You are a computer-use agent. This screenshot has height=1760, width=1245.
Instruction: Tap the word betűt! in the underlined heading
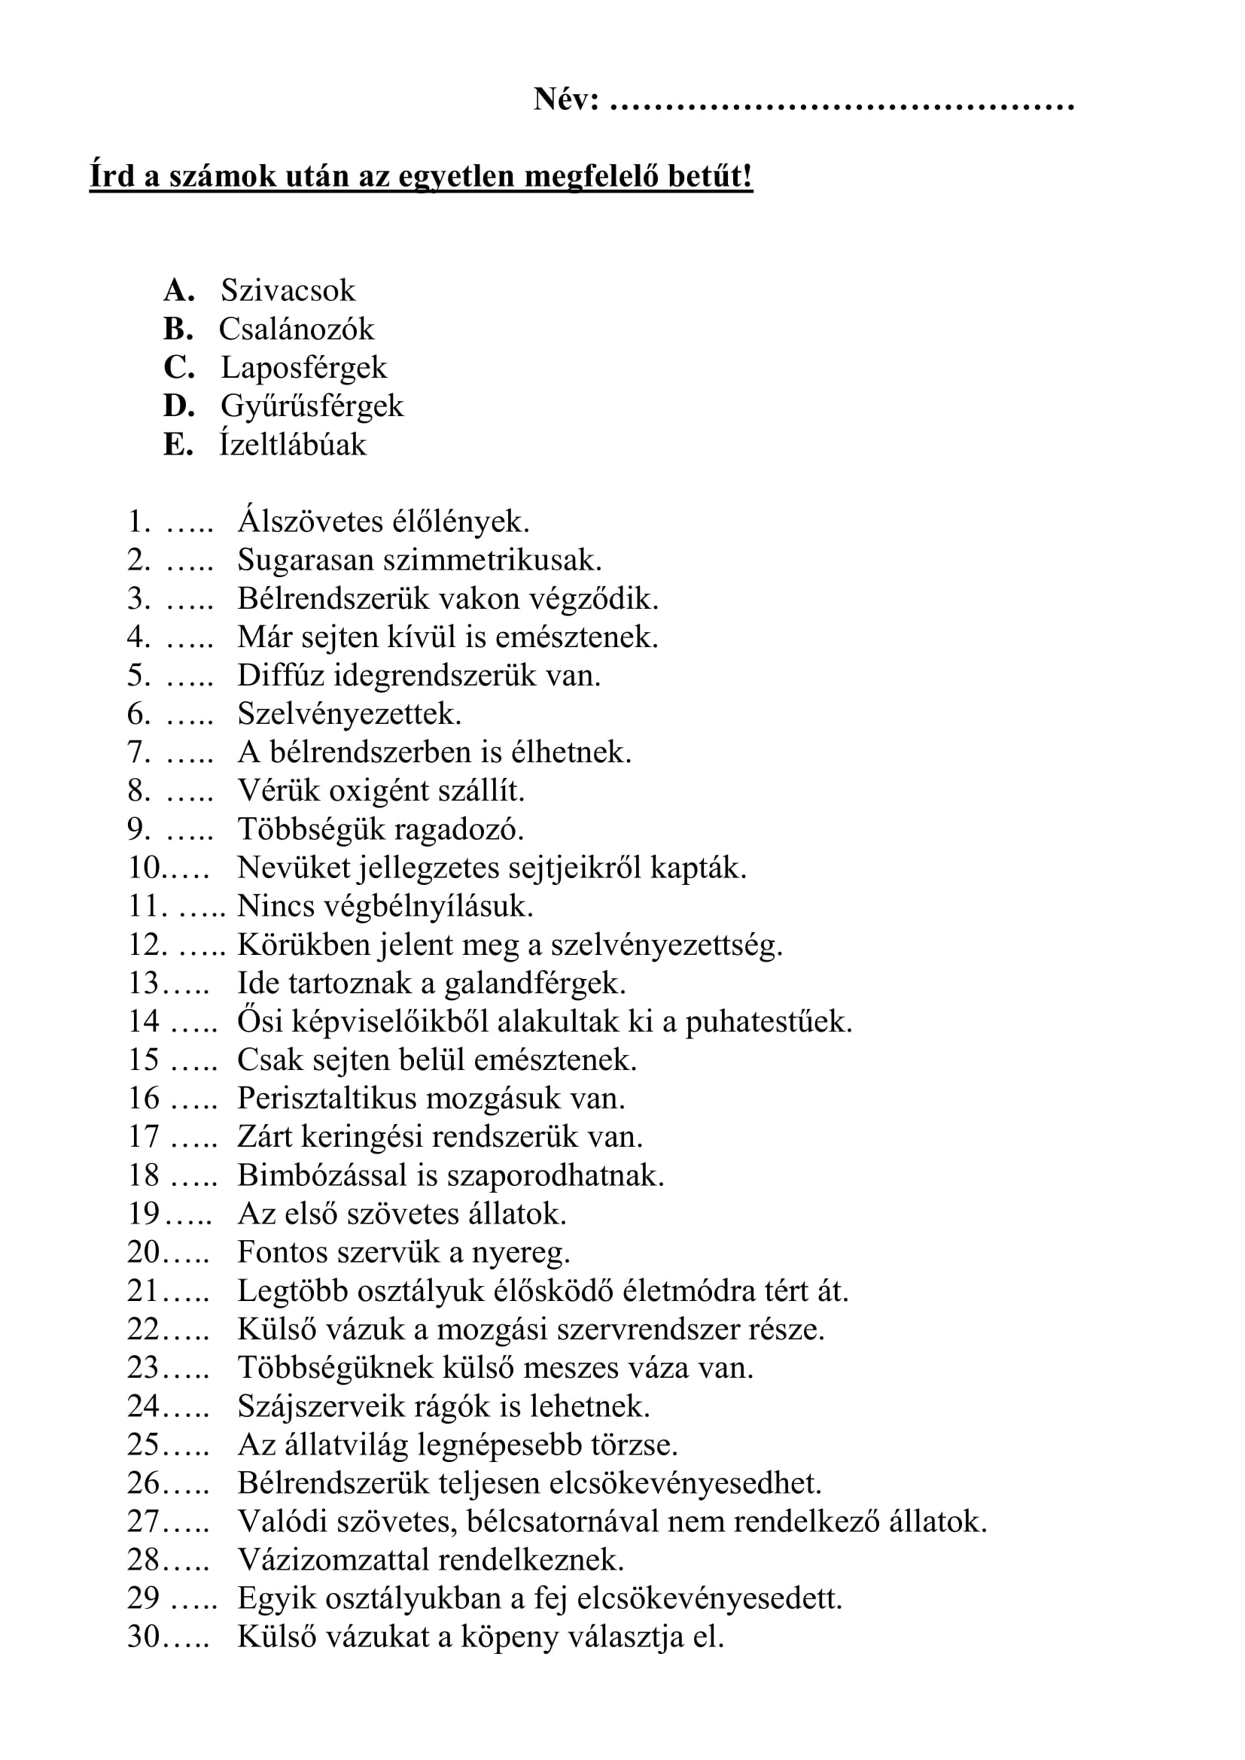coord(710,176)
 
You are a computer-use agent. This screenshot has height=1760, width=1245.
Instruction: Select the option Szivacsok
coord(288,290)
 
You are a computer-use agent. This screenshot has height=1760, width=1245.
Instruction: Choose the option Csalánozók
coord(297,329)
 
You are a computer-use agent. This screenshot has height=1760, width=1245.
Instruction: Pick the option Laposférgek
coord(303,367)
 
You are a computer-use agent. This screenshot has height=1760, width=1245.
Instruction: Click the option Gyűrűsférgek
coord(312,406)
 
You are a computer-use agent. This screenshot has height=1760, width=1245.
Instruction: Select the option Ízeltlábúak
coord(293,445)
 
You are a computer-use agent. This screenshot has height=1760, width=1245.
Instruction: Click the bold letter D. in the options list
coord(178,406)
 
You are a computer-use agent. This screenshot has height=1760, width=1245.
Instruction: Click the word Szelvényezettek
coord(349,714)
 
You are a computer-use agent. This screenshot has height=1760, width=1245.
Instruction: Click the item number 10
coord(143,868)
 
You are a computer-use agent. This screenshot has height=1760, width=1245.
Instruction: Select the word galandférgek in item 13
coord(535,983)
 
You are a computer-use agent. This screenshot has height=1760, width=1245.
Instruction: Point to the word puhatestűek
coord(769,1022)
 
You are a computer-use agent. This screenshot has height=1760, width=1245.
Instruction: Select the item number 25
coord(143,1444)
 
